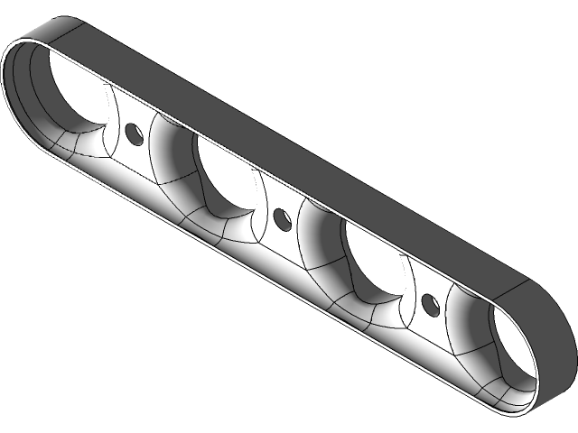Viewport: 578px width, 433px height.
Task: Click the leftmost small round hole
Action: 135,134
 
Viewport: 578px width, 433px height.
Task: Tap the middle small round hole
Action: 281,217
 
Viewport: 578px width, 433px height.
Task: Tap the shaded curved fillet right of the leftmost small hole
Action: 172,149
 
